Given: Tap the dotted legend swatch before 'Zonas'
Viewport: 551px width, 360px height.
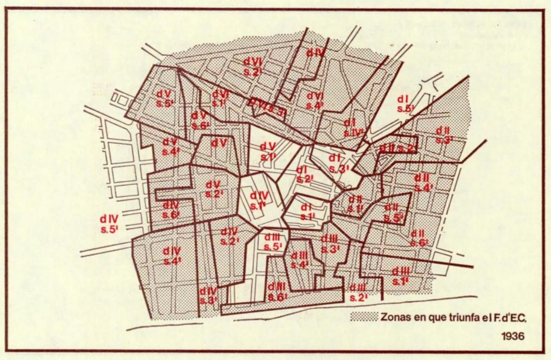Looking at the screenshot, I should pos(364,317).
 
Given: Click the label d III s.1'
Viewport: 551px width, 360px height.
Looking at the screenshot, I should pos(401,276).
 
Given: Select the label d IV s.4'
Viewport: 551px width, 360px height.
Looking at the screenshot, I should pos(172,256).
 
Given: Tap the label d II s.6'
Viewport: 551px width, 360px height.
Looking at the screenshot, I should pos(419,238).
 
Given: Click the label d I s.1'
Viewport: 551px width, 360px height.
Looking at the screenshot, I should pos(307,211).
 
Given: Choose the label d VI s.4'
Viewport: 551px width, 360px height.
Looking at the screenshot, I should pos(315,100).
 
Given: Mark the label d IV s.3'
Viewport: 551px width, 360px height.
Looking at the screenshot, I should pos(208,296).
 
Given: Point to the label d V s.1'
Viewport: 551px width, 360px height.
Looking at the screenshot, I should pos(268,151).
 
